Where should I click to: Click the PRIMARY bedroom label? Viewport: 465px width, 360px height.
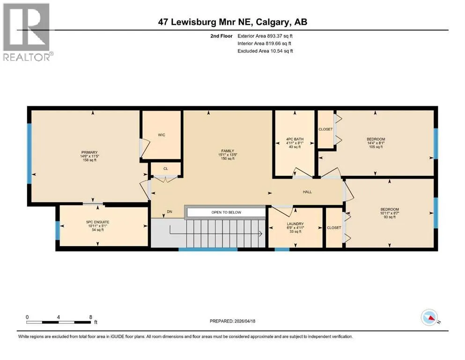89,152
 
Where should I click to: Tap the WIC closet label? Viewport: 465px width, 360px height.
162,135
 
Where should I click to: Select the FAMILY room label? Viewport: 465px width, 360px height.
228,151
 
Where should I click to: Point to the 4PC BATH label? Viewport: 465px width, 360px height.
295,139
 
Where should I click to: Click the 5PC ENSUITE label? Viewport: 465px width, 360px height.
97,222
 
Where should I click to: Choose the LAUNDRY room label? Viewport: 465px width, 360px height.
295,224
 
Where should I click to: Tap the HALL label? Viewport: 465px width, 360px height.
307,192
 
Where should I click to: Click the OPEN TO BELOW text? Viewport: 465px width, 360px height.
226,212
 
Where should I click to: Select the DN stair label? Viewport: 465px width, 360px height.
170,212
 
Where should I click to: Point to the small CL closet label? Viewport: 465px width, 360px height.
166,169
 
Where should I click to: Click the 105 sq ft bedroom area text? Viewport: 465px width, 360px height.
376,147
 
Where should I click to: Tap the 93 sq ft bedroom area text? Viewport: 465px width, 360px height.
390,217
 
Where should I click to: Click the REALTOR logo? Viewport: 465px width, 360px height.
27,32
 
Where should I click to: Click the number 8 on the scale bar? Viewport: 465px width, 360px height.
91,317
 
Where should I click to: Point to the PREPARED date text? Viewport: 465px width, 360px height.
232,321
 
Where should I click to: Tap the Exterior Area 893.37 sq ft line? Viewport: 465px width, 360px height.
265,36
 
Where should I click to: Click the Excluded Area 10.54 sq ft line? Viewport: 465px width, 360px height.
265,51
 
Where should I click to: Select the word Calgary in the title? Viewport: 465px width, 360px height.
271,22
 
